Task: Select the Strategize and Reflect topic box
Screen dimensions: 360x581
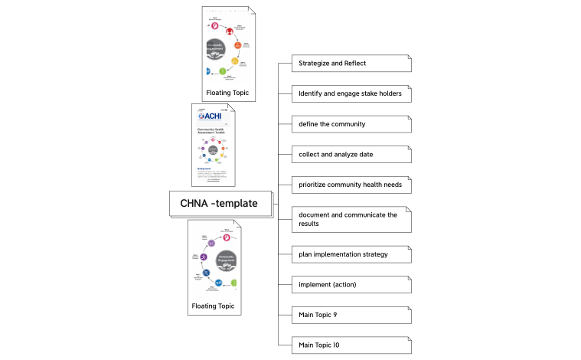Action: tap(351, 63)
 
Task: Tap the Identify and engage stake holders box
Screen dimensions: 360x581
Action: tap(351, 93)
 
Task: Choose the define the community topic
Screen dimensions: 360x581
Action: tap(351, 124)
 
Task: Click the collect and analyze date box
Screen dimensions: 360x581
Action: tap(351, 155)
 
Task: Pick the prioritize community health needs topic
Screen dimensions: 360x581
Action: tap(351, 185)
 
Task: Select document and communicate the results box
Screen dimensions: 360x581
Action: tap(351, 219)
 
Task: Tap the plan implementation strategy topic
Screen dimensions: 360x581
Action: tap(351, 254)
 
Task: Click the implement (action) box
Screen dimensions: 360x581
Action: tap(351, 285)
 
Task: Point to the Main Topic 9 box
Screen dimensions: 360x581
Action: tap(351, 315)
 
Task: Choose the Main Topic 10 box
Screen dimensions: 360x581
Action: tap(351, 345)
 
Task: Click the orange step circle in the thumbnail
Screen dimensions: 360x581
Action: tap(237, 45)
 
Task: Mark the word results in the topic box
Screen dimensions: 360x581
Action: tap(309, 224)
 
